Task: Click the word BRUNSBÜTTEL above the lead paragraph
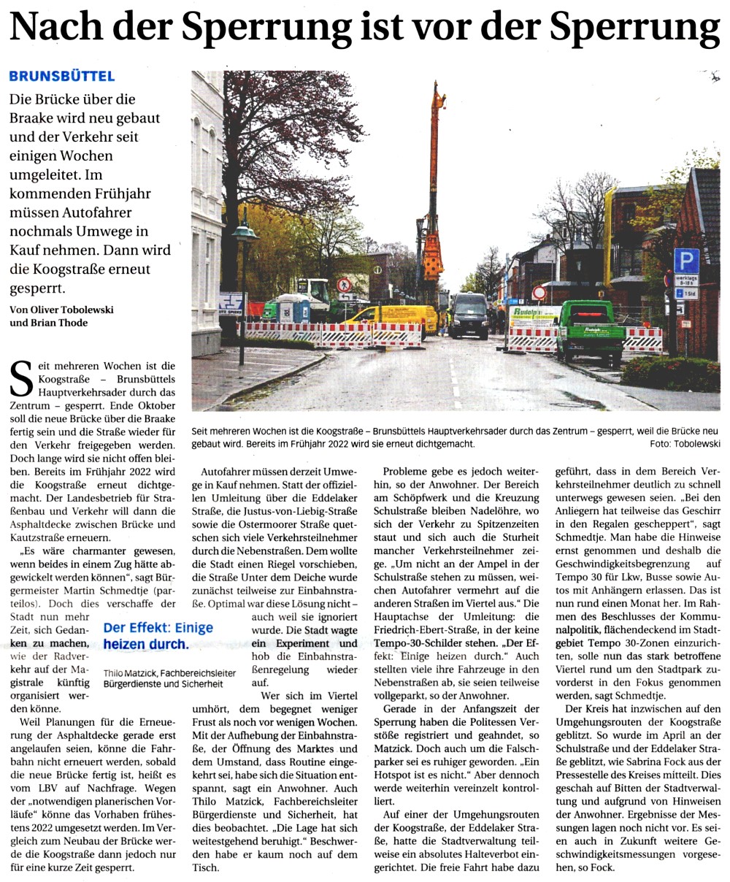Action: pos(61,76)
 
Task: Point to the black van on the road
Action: pos(468,315)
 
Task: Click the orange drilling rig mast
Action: pos(435,190)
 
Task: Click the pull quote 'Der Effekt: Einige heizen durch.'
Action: pos(157,635)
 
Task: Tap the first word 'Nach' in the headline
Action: pos(55,30)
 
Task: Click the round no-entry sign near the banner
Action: pos(539,293)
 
